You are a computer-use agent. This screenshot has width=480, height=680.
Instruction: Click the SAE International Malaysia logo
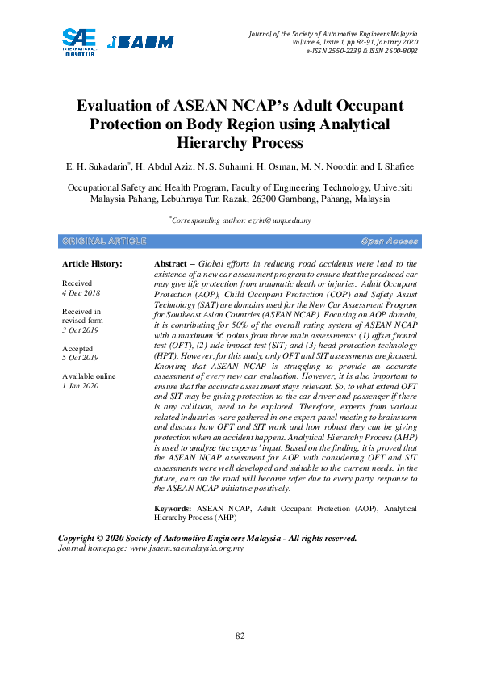[x=79, y=40]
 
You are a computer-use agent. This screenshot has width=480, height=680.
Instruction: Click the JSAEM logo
[x=140, y=42]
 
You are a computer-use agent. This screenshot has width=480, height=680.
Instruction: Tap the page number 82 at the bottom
[x=240, y=636]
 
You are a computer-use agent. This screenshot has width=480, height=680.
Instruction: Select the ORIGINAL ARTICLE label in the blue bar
[x=103, y=241]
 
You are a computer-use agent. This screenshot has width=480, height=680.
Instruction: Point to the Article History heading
[x=92, y=264]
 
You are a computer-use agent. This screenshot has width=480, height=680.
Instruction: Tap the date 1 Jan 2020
[x=80, y=386]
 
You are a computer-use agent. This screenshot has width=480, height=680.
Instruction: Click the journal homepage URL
[x=187, y=548]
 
